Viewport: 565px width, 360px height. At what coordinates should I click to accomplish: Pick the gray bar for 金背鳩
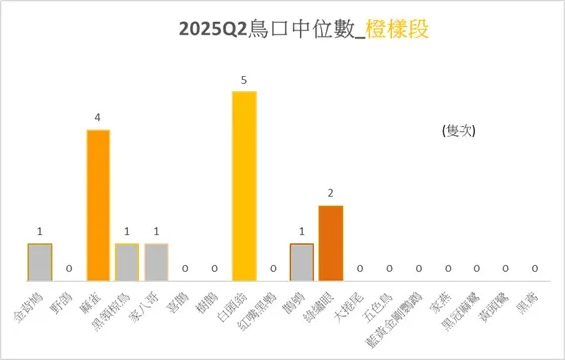39,261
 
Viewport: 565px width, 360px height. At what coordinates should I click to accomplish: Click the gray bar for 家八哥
156,261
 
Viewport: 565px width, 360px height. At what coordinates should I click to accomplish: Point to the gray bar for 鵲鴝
302,261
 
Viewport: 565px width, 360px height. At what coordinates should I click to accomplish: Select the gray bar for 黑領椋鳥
127,261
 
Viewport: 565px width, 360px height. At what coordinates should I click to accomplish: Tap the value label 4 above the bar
97,117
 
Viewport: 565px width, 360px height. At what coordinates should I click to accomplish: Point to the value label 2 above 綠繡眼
331,193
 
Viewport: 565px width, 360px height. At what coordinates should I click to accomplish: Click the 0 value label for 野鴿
69,269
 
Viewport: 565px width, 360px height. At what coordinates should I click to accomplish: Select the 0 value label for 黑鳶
535,269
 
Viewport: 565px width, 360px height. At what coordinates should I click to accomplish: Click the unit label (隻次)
458,129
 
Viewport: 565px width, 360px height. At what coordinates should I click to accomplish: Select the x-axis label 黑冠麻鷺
471,305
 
